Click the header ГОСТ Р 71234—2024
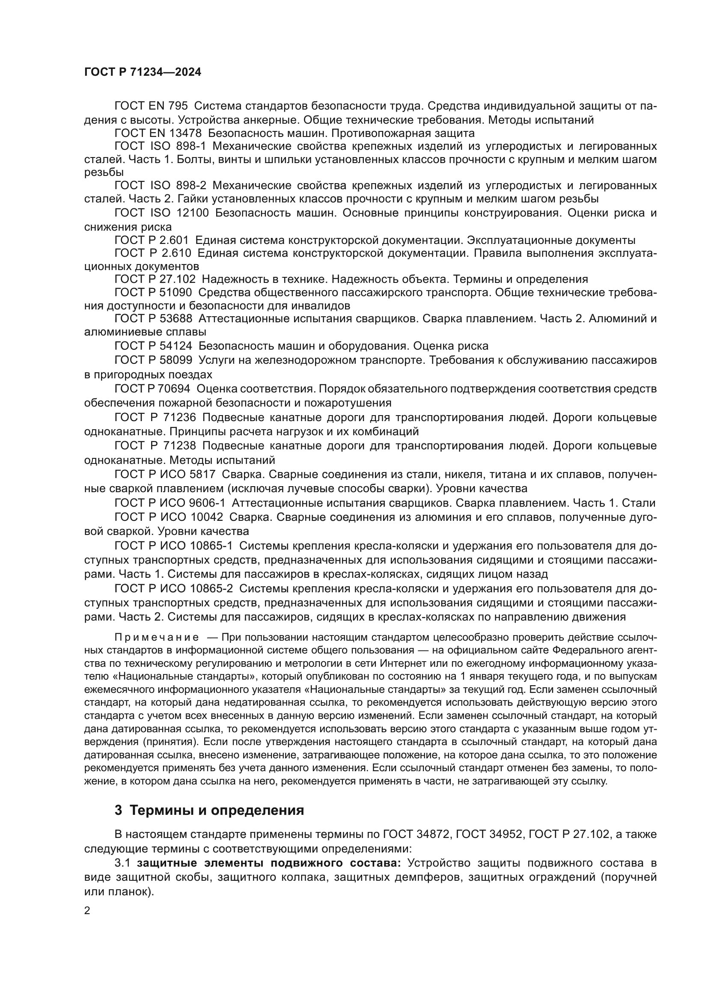(143, 72)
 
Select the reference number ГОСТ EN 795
(151, 106)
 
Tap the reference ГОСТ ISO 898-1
(160, 146)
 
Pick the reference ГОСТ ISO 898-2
(160, 186)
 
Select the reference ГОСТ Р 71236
(155, 418)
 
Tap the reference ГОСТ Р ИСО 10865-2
(173, 589)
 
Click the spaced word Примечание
(157, 638)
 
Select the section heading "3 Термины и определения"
(209, 811)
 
